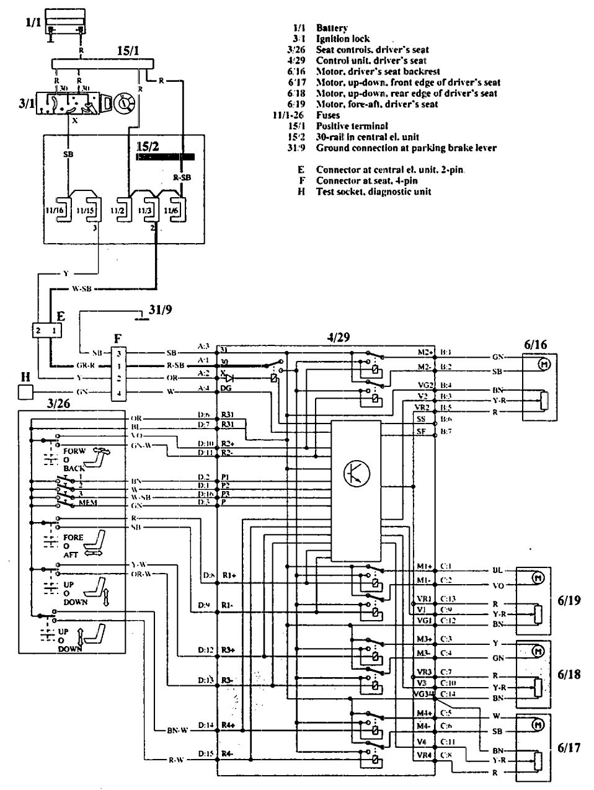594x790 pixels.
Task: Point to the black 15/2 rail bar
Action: coord(166,157)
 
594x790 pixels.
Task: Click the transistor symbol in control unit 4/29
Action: coord(355,474)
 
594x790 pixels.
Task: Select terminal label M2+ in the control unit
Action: coord(424,352)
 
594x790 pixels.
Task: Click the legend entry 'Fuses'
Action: coord(328,115)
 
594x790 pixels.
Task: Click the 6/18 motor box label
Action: coord(568,674)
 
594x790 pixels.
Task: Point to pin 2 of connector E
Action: coord(38,331)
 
